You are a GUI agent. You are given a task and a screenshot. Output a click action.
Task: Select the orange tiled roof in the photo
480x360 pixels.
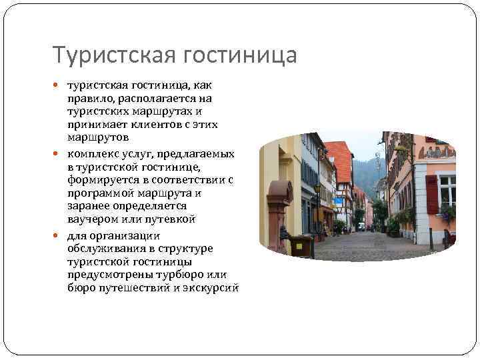pos(341,160)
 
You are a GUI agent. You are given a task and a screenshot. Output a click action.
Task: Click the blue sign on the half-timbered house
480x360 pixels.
pos(337,201)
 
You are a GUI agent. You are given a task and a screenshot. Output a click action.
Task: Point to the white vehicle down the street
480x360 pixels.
pos(361,227)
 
